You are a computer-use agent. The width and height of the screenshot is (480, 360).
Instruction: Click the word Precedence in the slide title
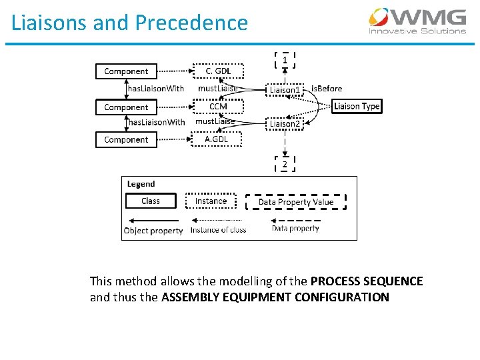[191, 23]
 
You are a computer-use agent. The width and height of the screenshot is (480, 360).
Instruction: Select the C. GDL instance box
[218, 71]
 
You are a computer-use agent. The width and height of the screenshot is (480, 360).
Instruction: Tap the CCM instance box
[218, 107]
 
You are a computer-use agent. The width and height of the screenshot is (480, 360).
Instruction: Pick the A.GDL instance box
[217, 139]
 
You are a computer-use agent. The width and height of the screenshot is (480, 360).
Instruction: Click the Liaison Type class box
[357, 106]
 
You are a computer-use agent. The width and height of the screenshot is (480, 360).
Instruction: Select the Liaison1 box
[285, 89]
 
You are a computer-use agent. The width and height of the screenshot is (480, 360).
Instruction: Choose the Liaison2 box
[285, 123]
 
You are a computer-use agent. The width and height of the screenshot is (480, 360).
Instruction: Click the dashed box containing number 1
[285, 60]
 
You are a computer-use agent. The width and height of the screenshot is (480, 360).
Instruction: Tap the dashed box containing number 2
[285, 164]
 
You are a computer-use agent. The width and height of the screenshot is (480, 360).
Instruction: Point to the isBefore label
[327, 88]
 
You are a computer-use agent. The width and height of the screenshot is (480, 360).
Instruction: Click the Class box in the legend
[151, 201]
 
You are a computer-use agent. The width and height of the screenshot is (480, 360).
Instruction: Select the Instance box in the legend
[211, 201]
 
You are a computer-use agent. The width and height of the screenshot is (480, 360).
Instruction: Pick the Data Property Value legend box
[295, 201]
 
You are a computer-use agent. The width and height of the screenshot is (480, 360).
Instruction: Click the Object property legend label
[153, 231]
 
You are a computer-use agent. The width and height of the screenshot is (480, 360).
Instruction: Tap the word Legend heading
[141, 184]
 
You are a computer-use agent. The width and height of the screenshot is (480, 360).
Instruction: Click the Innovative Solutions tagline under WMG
[417, 31]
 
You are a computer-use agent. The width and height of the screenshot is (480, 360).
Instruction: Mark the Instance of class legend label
[218, 230]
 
